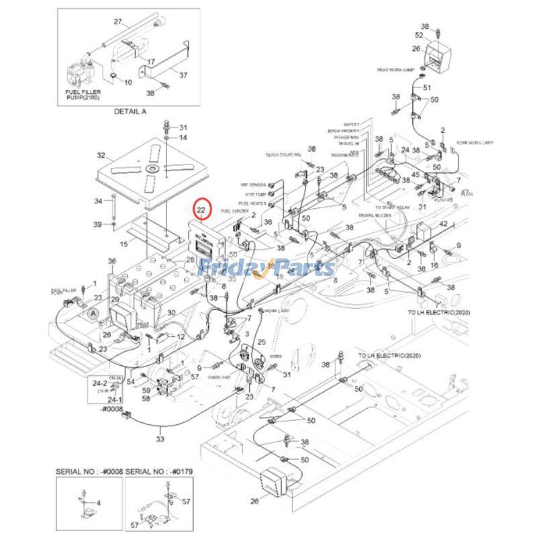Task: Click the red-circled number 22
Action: pos(202,210)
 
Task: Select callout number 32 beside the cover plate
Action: pos(101,156)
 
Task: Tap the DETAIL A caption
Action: pos(130,111)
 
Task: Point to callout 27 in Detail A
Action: pos(117,21)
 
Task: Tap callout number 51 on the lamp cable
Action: pos(426,88)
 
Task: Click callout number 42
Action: pos(443,223)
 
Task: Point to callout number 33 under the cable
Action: pos(160,439)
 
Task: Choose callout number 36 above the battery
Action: pos(112,261)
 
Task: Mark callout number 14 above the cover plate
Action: pos(183,138)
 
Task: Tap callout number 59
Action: pos(146,390)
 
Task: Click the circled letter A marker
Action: pos(92,311)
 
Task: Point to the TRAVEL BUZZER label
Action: pos(375,215)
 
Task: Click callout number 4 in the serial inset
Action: pos(100,502)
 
